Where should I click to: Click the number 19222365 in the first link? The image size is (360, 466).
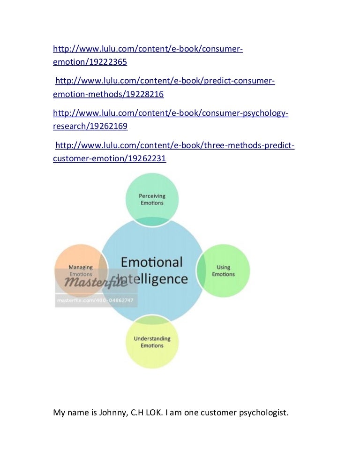108,62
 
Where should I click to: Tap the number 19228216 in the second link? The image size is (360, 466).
145,94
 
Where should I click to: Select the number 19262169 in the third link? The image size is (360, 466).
108,126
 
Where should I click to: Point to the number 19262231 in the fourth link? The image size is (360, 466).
147,158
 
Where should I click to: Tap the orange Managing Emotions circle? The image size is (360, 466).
81,271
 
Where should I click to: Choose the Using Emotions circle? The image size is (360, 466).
223,271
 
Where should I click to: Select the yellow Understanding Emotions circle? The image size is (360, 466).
152,342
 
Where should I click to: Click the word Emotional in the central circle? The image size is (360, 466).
151,262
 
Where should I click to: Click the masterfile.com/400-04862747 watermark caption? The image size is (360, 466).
95,300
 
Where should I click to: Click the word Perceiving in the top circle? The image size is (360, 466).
152,196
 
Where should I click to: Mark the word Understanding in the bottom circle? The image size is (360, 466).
152,339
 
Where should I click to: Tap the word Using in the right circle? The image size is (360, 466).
223,268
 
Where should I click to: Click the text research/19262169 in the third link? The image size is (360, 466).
90,126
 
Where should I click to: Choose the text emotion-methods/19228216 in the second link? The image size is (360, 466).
108,94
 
